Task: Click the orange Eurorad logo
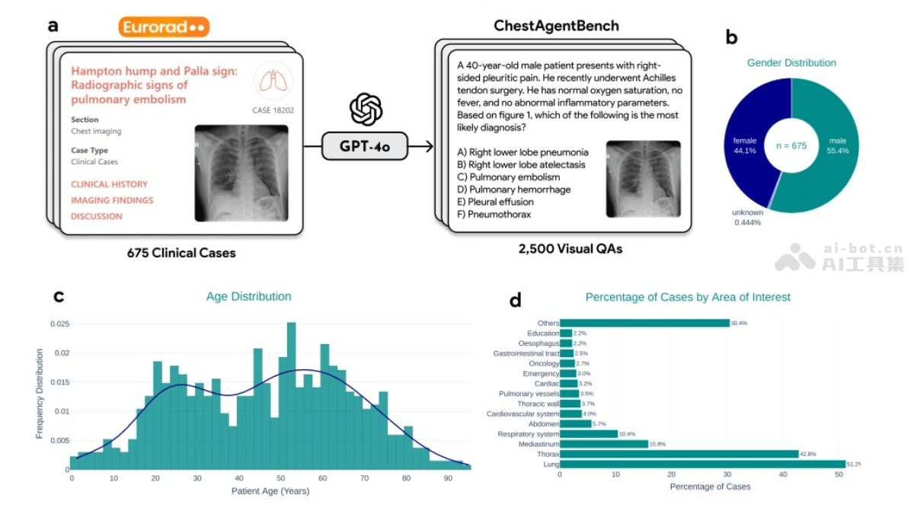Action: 164,27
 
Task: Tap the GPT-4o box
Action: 365,145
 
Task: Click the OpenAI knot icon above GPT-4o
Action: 365,109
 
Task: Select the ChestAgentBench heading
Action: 556,26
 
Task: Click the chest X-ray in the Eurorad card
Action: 241,173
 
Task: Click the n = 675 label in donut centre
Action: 791,145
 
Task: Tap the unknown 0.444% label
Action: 747,217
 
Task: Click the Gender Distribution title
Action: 791,63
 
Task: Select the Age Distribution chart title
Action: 248,296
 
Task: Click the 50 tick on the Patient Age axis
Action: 281,478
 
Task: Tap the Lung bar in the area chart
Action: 701,464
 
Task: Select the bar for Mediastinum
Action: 603,444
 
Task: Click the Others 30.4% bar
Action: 644,323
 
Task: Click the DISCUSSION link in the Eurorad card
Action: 97,216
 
